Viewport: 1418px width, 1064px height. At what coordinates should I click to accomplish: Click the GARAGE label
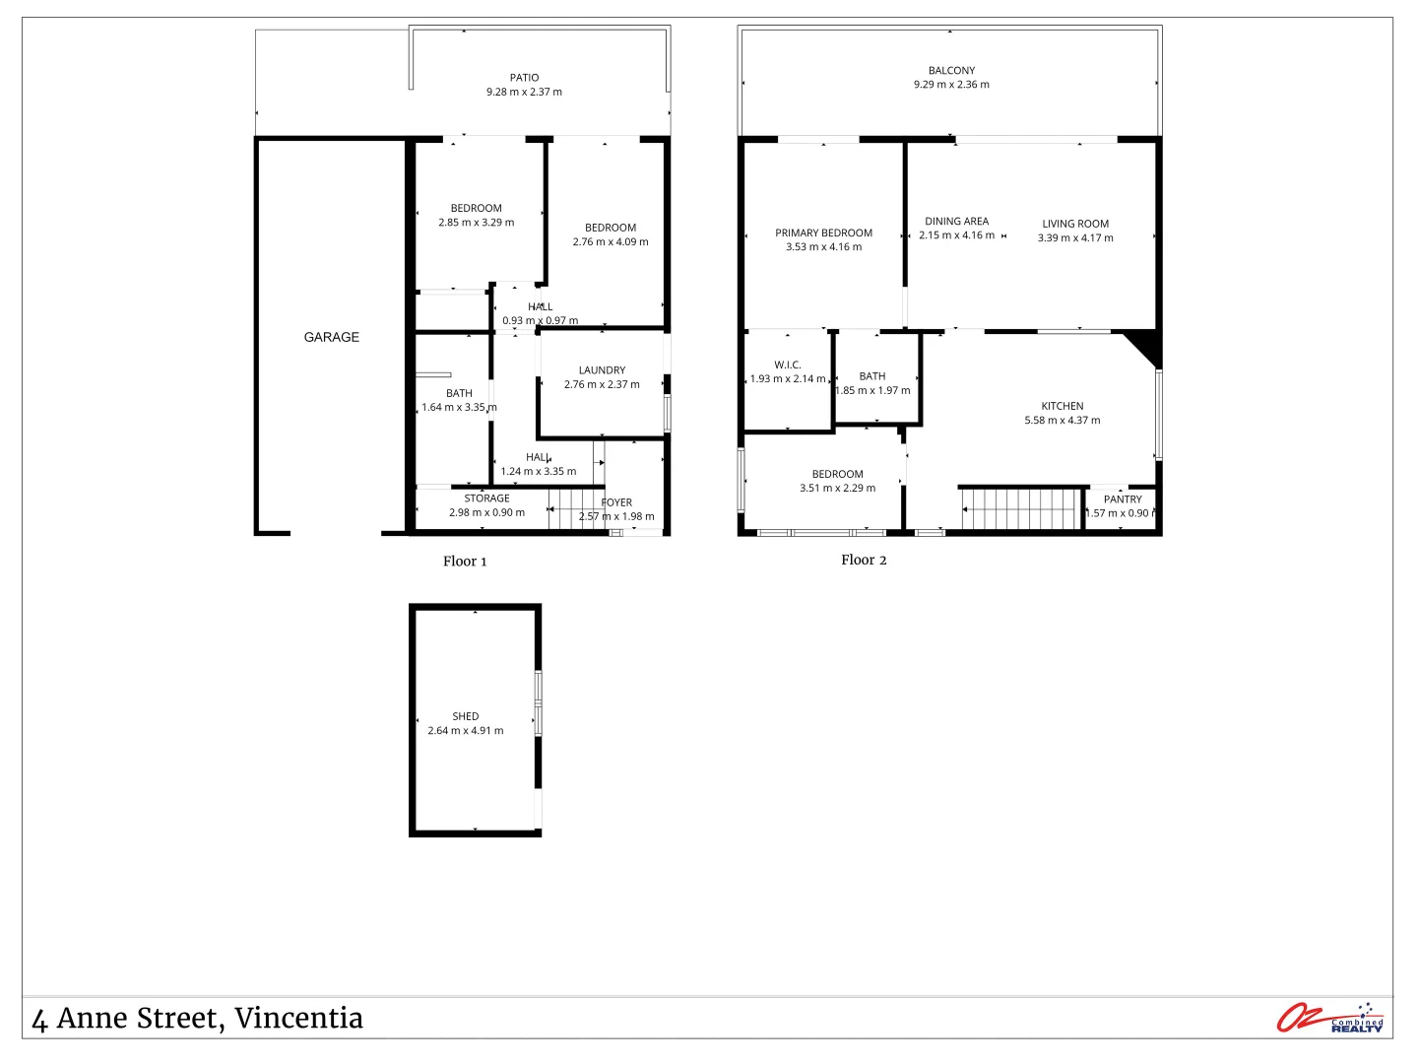pos(332,337)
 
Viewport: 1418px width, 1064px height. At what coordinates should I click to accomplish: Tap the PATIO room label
pos(524,78)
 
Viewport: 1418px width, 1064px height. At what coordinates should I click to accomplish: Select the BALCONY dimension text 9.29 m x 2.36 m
pos(951,85)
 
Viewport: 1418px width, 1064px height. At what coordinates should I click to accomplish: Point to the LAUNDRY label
pos(602,370)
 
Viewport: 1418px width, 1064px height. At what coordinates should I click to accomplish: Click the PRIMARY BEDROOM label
pos(823,233)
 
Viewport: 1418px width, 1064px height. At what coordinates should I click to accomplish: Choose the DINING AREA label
pos(956,222)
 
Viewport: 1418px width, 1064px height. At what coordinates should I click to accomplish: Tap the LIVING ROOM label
pos(1075,224)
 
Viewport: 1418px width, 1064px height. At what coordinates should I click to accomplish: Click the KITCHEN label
pos(1063,406)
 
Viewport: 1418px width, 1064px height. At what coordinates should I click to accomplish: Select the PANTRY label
pos(1123,499)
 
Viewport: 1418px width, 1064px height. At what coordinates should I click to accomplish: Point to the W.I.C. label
pos(788,365)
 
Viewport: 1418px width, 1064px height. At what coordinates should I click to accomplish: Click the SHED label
pos(466,716)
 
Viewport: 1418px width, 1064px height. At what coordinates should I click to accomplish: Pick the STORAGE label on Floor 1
pos(486,499)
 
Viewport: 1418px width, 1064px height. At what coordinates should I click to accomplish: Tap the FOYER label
pos(616,502)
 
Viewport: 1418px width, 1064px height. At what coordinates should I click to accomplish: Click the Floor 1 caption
pos(465,562)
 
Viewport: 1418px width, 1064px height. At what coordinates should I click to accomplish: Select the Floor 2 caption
pos(864,560)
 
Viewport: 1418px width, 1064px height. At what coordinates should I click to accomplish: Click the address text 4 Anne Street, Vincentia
pos(198,1018)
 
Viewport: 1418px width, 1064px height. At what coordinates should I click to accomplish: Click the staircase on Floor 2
pos(1022,509)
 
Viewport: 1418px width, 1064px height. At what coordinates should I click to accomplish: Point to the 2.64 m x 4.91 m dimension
pos(466,731)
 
